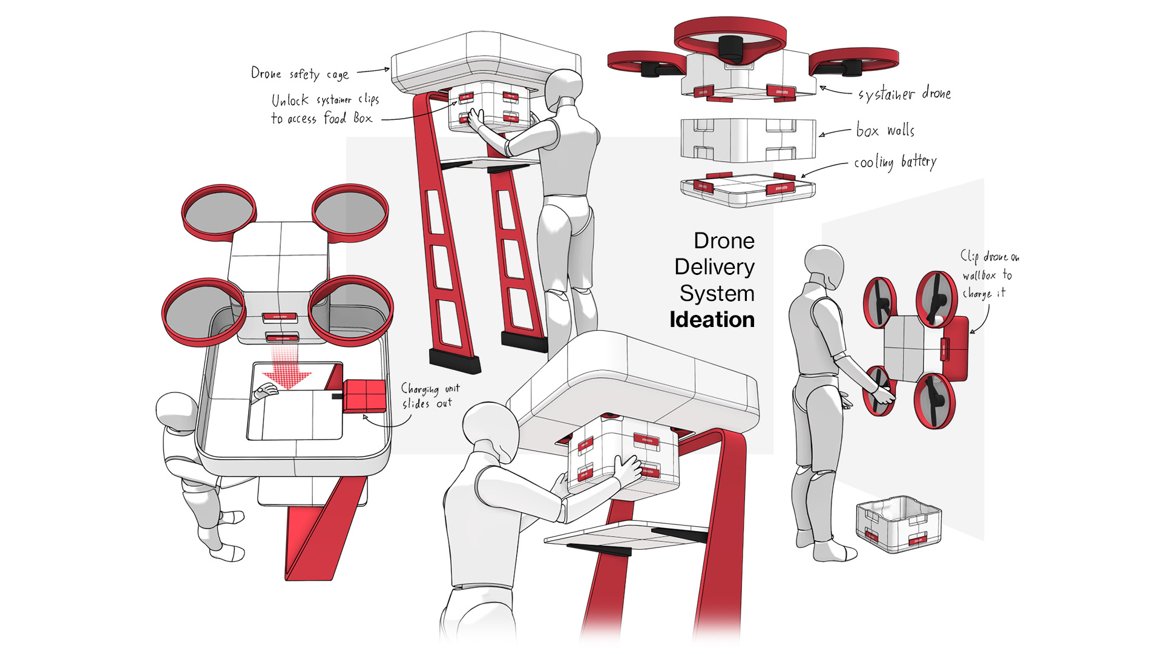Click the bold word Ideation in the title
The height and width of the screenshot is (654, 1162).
[712, 320]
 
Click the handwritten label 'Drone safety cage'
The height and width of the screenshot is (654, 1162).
[300, 74]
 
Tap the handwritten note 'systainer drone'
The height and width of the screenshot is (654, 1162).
[904, 94]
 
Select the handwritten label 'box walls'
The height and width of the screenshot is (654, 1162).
[885, 130]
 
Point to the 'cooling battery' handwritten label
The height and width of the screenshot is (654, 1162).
[895, 162]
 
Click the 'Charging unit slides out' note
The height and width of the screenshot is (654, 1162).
[430, 395]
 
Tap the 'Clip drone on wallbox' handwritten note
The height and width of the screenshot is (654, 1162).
[989, 274]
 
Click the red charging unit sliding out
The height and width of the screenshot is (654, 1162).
[364, 396]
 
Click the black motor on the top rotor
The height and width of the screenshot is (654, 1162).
[730, 48]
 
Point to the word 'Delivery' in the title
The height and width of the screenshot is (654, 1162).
[714, 267]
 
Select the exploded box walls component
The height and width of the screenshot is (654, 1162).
[748, 140]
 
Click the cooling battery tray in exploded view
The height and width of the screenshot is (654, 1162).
[748, 190]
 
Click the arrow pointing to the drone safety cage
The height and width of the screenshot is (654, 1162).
[373, 71]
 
